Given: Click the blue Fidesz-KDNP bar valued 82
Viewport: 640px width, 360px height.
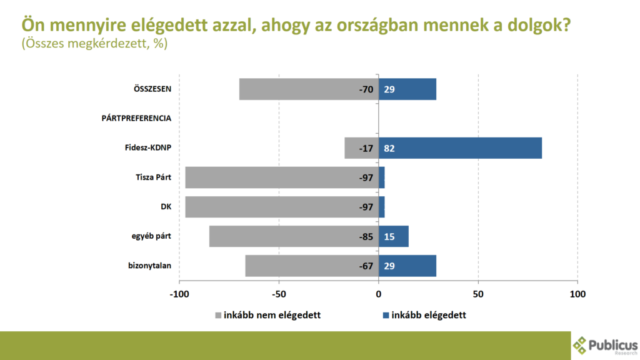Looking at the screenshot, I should point(460,148).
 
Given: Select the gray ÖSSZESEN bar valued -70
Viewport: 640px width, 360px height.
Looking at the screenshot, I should point(300,89).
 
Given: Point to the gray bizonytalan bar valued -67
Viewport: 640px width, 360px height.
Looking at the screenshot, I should point(300,266).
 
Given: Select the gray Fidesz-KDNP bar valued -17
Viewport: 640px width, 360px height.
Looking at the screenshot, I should point(354,148).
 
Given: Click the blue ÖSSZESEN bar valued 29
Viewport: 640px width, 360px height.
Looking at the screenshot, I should point(407,89).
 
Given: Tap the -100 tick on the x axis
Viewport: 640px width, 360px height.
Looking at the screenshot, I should point(179,294).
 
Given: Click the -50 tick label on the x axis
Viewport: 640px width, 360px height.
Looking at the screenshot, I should point(279,294).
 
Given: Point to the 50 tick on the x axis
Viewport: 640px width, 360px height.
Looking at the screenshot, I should point(478,294).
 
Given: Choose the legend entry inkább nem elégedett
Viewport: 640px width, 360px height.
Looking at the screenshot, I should point(267,315).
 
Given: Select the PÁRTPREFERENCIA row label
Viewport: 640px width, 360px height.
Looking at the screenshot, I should point(136,118).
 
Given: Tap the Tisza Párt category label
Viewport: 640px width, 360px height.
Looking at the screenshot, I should point(153,177).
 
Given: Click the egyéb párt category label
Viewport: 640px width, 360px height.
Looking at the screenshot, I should point(152,237).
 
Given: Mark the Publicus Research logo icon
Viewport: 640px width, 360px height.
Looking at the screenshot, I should point(580,345).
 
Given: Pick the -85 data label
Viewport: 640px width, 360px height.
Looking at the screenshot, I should point(366,237).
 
